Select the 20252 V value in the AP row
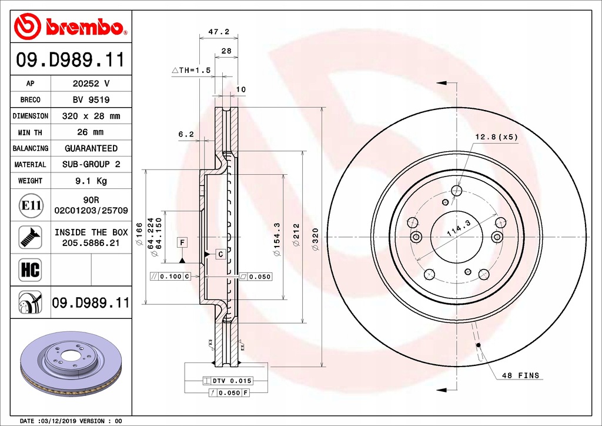coord(91,84)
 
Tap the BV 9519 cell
coord(91,100)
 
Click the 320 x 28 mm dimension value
coord(91,116)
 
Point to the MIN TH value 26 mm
coord(91,132)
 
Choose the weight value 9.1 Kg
coord(91,181)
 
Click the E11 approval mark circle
coord(30,205)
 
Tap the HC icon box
coord(30,270)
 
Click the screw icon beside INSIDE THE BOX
coord(30,237)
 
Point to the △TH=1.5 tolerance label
coord(191,70)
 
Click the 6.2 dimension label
coord(186,134)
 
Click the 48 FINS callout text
coord(520,375)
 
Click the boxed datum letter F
coord(183,242)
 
